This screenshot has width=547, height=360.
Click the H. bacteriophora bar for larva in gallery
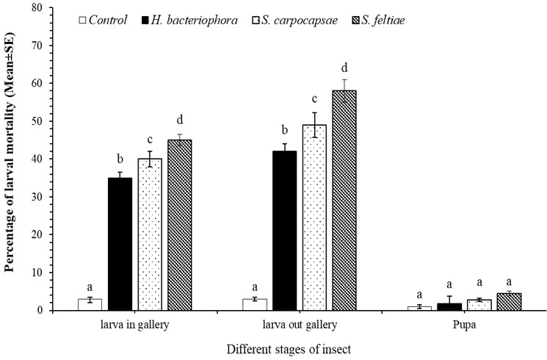120,244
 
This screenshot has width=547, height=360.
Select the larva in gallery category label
134,325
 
